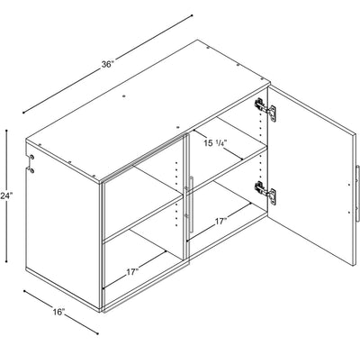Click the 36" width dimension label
pyautogui.click(x=108, y=64)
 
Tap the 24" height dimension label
pyautogui.click(x=6, y=196)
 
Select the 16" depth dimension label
pyautogui.click(x=58, y=312)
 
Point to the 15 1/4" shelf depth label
pyautogui.click(x=214, y=143)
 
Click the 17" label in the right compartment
pyautogui.click(x=220, y=222)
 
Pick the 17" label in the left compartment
pyautogui.click(x=132, y=272)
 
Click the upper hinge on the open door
pyautogui.click(x=265, y=109)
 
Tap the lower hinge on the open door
pyautogui.click(x=265, y=192)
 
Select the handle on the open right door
pyautogui.click(x=357, y=193)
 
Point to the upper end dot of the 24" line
pyautogui.click(x=6, y=131)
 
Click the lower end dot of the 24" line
pyautogui.click(x=6, y=261)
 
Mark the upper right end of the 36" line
pyautogui.click(x=192, y=15)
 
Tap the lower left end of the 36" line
pyautogui.click(x=23, y=113)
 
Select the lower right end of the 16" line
pyautogui.click(x=97, y=333)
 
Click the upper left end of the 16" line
pyautogui.click(x=24, y=291)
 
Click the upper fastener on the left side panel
pyautogui.click(x=31, y=157)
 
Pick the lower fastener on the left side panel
pyautogui.click(x=31, y=170)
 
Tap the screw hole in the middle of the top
pyautogui.click(x=124, y=96)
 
